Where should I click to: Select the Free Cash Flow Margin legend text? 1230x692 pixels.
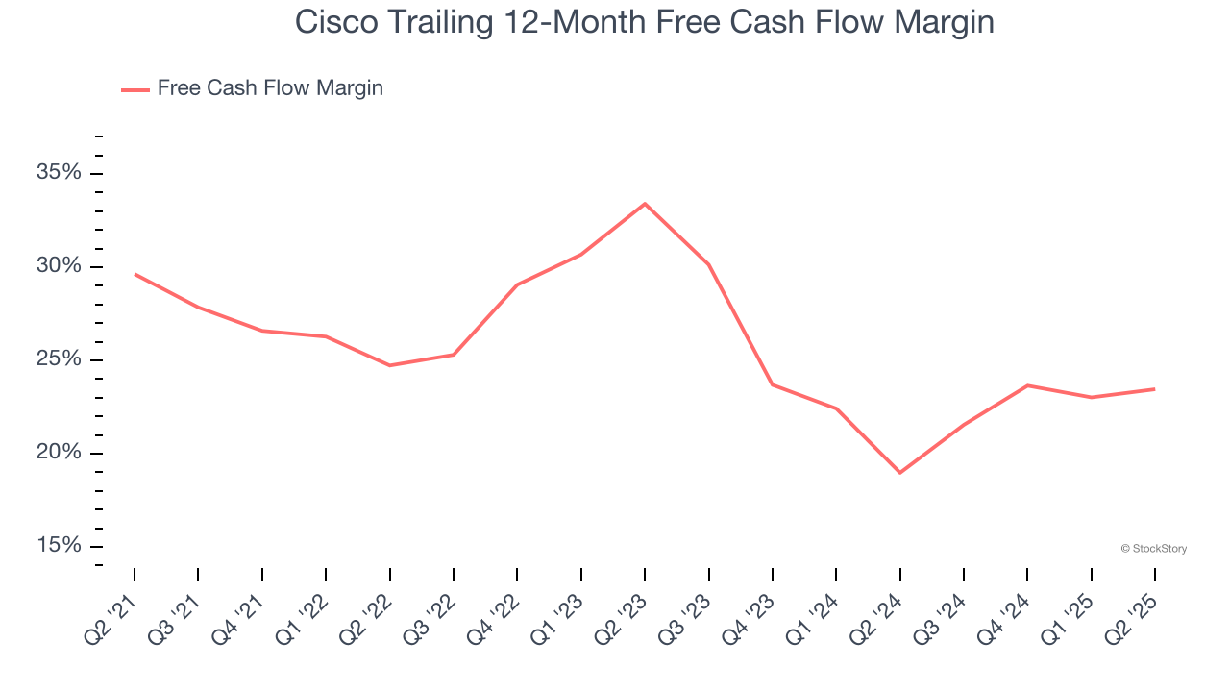270,88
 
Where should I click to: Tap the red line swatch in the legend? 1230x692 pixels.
135,89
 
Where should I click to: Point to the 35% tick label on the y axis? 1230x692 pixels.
59,173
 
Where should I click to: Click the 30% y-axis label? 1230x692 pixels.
59,266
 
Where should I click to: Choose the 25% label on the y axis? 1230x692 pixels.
59,359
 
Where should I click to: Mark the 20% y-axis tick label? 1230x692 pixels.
59,453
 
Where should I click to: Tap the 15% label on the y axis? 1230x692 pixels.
59,546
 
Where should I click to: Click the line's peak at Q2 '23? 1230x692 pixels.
645,204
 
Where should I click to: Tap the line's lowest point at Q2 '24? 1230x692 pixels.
900,473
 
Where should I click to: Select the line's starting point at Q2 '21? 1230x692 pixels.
135,274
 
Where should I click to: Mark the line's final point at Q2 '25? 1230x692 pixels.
1155,389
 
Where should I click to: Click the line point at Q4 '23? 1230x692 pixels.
773,384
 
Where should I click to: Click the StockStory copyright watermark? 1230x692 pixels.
1154,549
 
